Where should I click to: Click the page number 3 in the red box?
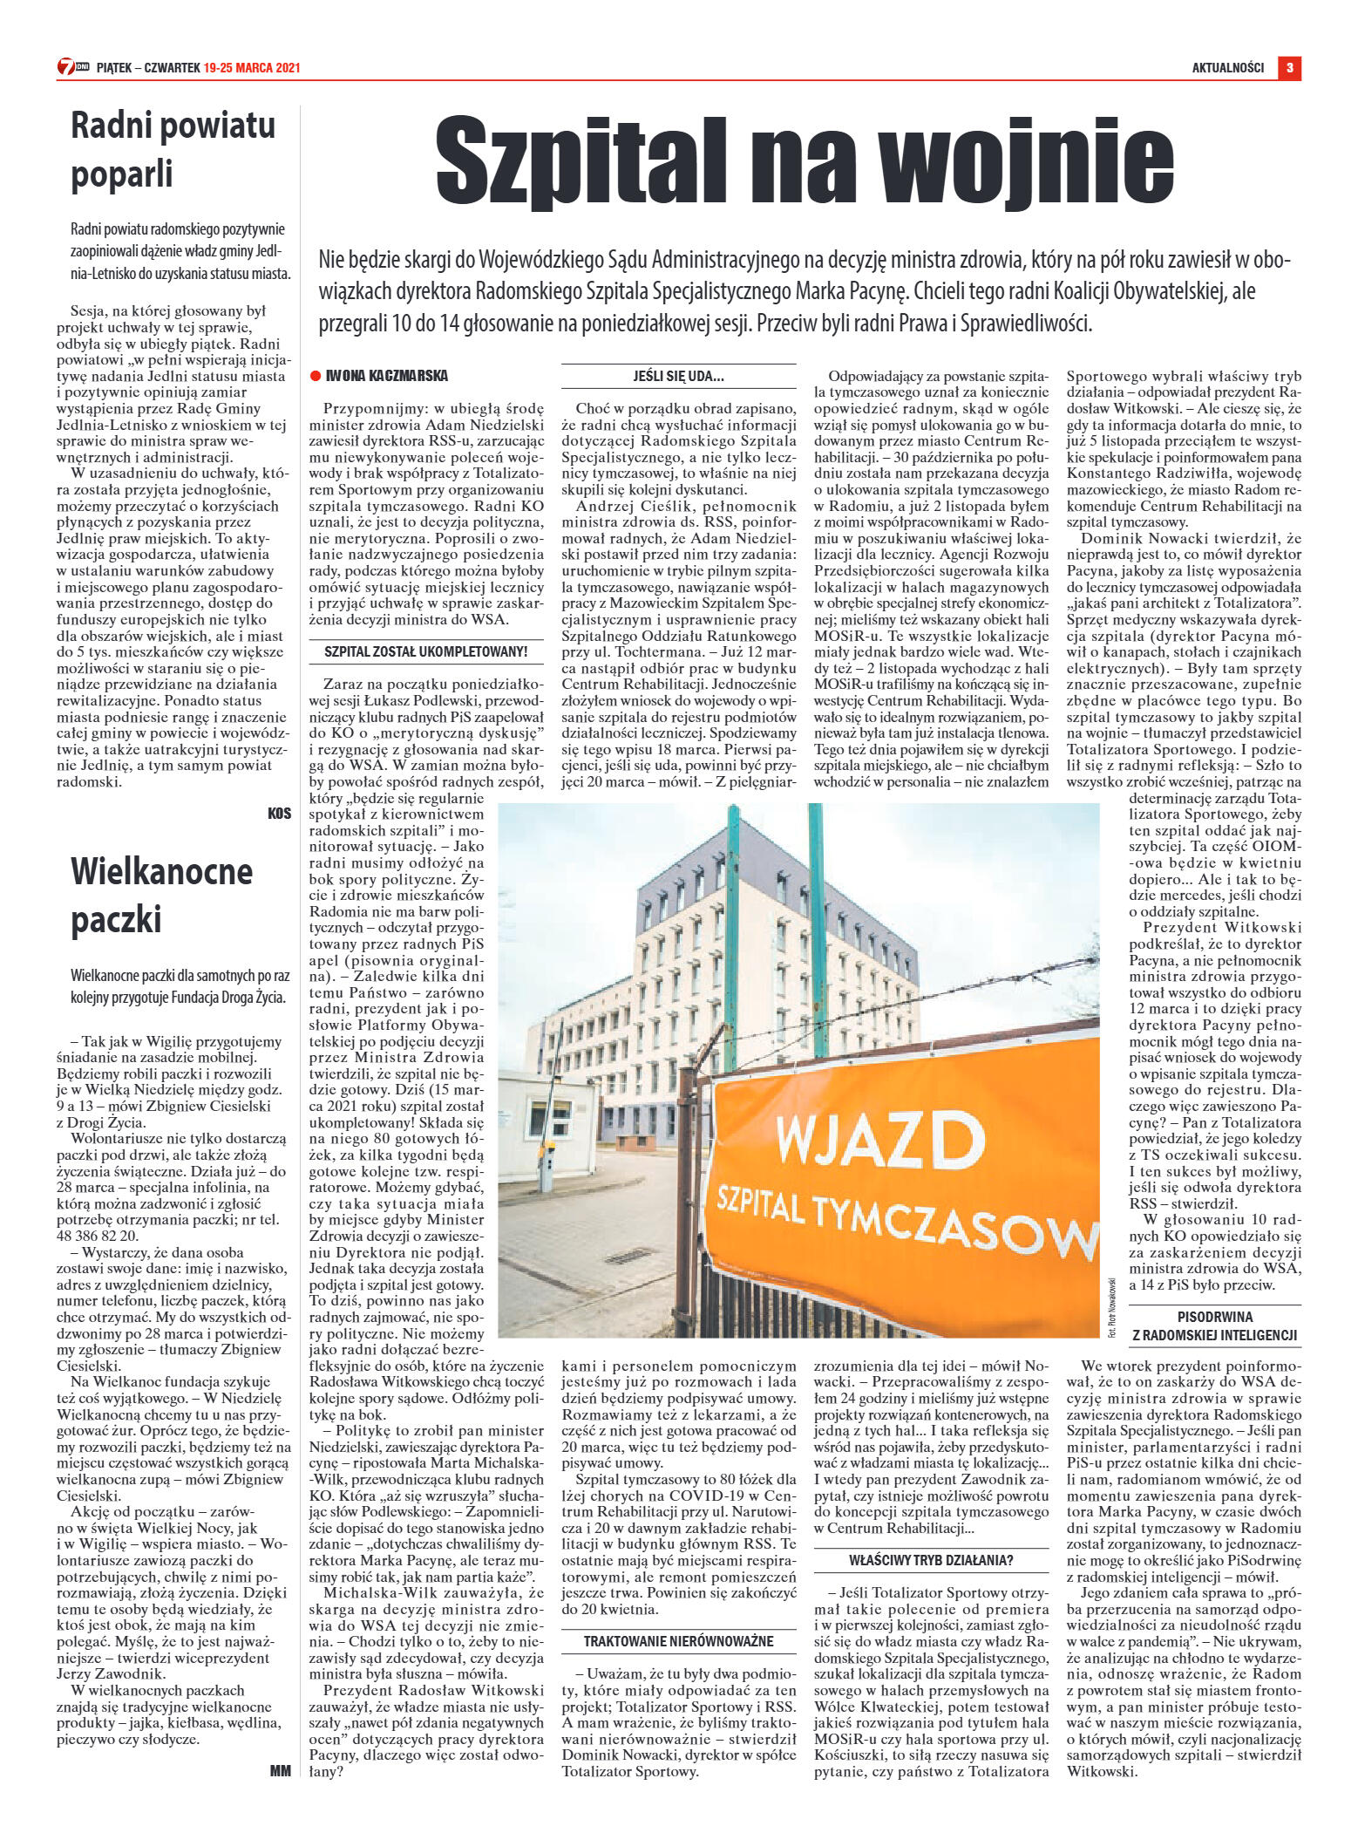(1289, 67)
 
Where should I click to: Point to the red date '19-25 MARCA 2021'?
(252, 68)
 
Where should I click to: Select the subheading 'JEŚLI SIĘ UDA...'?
(678, 376)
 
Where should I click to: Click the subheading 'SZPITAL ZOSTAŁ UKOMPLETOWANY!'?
(426, 651)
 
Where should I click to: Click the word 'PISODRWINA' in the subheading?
(1214, 1317)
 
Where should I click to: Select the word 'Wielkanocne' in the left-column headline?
(161, 872)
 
